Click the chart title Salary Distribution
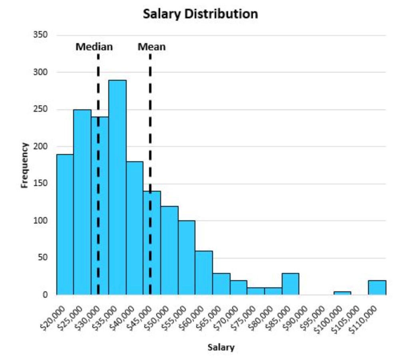tap(200, 14)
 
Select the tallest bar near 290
tap(117, 188)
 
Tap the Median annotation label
tap(94, 47)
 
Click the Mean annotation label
tap(151, 47)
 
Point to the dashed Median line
tap(98, 80)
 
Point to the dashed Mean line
tap(150, 120)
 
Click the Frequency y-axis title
tap(25, 165)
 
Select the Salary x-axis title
tap(221, 347)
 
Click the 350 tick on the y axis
tap(40, 35)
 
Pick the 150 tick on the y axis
tap(40, 184)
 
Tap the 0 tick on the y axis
tap(45, 295)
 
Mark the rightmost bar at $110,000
tap(377, 288)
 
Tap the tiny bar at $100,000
tap(342, 293)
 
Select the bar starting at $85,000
tap(290, 284)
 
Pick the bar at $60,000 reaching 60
tap(204, 273)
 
